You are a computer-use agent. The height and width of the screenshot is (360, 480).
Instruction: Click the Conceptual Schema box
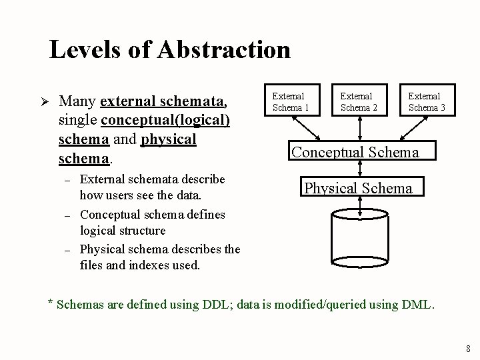pos(355,151)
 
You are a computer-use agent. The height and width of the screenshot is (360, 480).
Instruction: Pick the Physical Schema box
pos(358,187)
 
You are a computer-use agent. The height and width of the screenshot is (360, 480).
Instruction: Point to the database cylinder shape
pos(359,237)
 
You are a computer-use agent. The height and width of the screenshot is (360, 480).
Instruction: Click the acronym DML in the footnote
pos(418,305)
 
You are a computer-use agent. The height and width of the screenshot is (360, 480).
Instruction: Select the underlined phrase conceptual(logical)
pos(165,121)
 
